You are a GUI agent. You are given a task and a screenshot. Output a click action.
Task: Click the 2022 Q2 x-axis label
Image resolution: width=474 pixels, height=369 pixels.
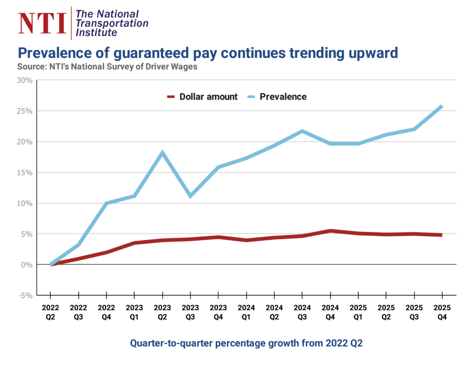(50, 311)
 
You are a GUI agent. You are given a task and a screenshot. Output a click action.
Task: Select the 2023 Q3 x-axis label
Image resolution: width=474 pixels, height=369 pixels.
(190, 311)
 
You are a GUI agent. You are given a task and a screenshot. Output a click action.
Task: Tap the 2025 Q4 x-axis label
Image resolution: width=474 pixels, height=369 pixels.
(442, 311)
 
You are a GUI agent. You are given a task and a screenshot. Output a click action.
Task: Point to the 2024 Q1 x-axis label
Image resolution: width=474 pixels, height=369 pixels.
(246, 311)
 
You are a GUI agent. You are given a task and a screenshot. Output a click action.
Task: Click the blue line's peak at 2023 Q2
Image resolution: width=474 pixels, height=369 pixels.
(162, 153)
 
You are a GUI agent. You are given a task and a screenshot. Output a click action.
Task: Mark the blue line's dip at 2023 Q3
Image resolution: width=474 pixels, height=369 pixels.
(190, 196)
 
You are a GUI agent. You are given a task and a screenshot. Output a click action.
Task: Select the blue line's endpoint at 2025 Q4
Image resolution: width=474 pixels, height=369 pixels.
(442, 106)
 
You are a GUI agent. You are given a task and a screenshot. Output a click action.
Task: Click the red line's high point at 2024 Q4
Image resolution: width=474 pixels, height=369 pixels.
(330, 231)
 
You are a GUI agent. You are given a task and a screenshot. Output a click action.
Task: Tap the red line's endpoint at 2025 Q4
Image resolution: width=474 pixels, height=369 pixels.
(442, 235)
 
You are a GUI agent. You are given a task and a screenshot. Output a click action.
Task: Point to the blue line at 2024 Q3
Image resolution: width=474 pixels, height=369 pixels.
(302, 131)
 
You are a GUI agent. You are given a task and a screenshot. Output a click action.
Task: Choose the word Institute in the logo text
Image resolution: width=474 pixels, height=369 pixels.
(96, 33)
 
